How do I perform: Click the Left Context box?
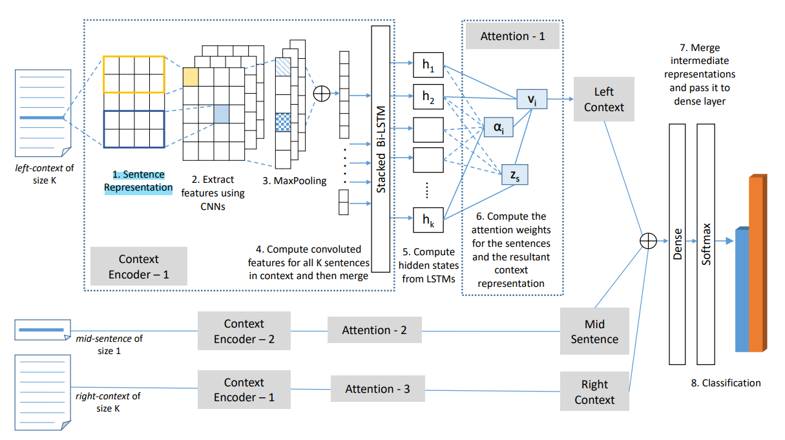(604, 100)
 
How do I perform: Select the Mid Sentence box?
(594, 331)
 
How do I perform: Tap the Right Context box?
(594, 392)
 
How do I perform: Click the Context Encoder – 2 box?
(244, 331)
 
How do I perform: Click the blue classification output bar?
(742, 290)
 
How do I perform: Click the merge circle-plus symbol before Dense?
(648, 240)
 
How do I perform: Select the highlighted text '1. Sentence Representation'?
(138, 181)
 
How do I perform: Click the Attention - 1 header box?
(512, 37)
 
